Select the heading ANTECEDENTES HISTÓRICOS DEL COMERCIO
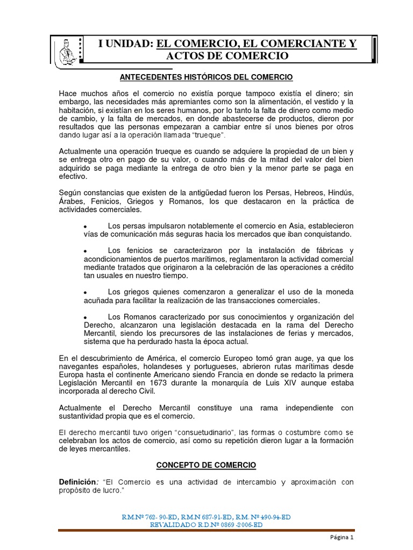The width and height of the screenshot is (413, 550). click(x=206, y=77)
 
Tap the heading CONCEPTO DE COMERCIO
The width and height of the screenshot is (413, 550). click(x=206, y=465)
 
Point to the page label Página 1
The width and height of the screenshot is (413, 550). click(x=341, y=537)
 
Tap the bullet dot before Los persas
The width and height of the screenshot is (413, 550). click(x=86, y=226)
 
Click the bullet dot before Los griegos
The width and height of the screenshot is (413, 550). click(x=86, y=292)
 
